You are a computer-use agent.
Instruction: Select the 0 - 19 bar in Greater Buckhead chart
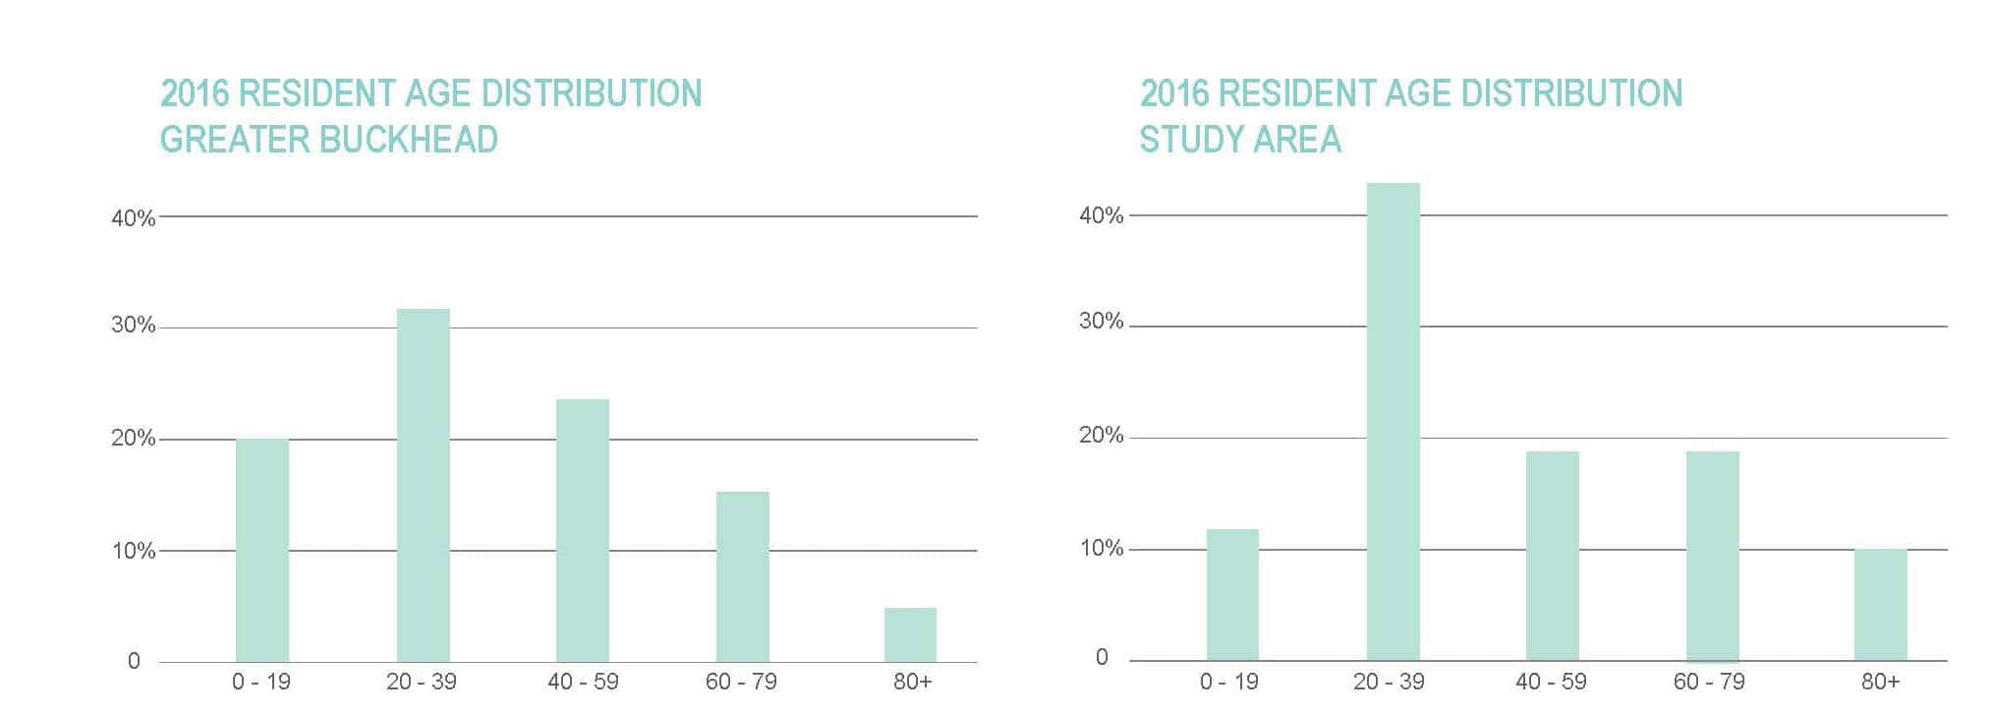coord(262,550)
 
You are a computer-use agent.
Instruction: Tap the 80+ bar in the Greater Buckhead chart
coord(910,634)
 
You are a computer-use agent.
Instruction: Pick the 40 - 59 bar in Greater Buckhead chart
coord(582,530)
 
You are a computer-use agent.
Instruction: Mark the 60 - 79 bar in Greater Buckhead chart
coord(742,576)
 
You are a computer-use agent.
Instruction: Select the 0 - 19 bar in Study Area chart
coord(1232,594)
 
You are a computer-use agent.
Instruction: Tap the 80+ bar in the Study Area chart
coord(1880,604)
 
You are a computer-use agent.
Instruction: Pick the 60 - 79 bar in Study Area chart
coord(1712,556)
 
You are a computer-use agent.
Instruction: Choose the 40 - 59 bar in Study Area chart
coord(1552,556)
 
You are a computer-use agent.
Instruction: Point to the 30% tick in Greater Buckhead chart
coord(133,326)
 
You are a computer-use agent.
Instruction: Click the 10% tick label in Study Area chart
coord(1101,548)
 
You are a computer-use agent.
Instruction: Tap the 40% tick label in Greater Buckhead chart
coord(133,218)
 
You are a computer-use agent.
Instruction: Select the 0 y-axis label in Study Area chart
coord(1102,657)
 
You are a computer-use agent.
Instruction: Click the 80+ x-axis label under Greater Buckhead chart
coord(912,682)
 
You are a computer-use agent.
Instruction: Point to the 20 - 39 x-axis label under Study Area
coord(1388,682)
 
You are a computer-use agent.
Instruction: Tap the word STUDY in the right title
coord(1186,140)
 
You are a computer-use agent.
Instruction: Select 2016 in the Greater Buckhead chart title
coord(195,93)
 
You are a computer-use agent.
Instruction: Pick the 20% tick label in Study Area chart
coord(1101,435)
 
